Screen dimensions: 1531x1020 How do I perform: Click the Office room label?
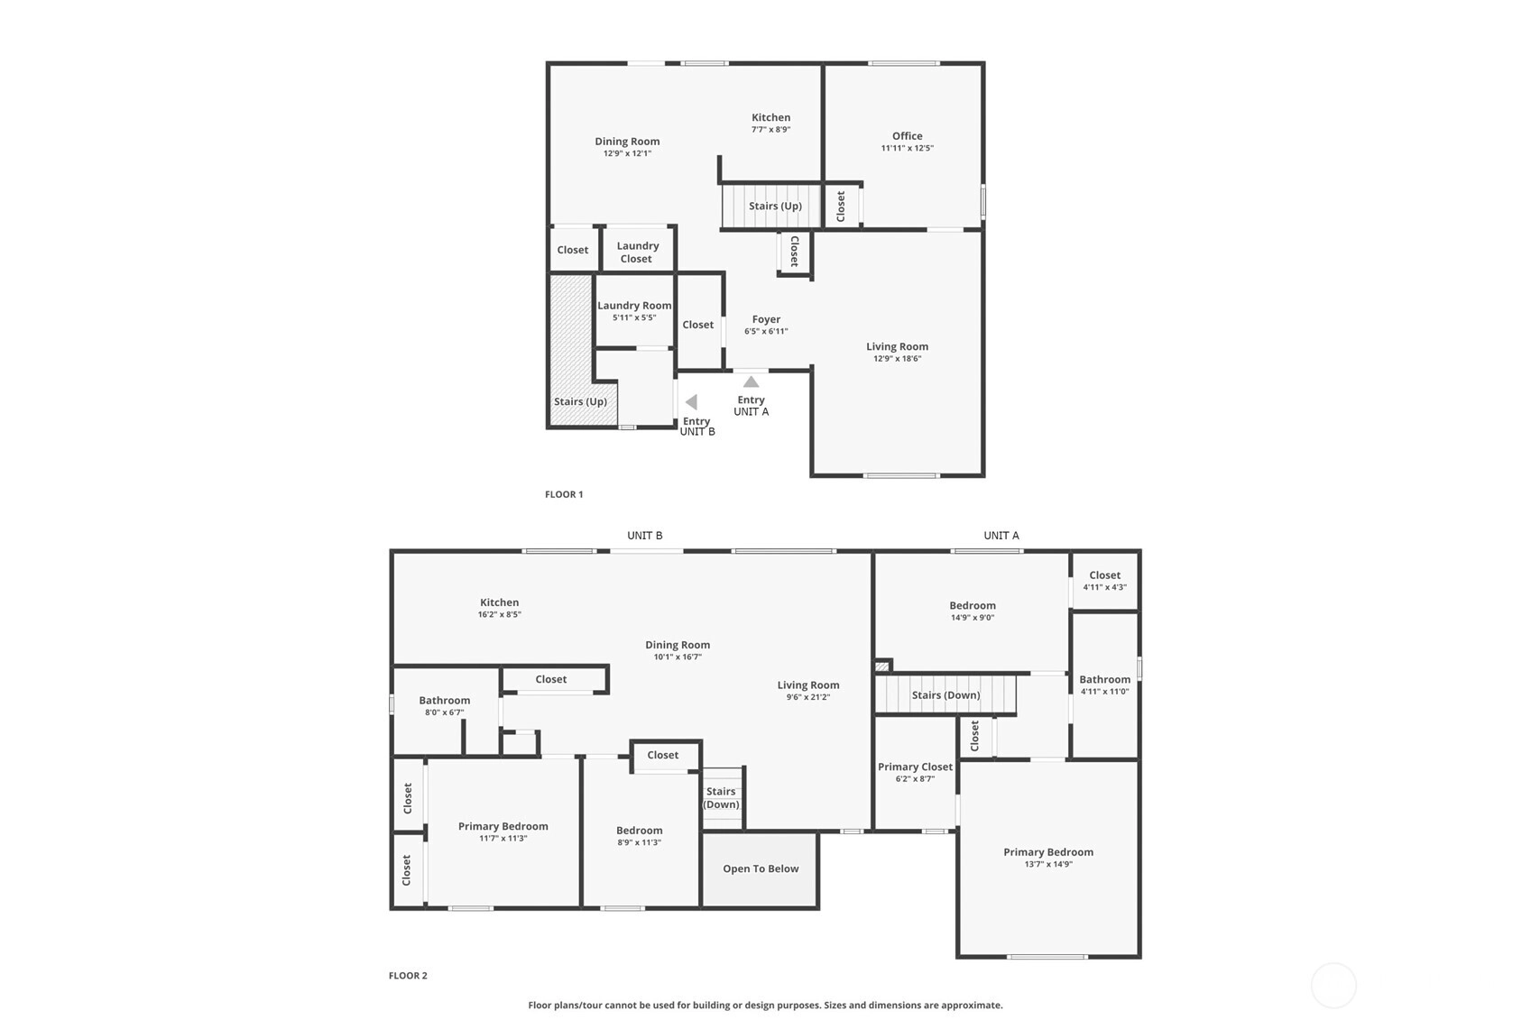907,136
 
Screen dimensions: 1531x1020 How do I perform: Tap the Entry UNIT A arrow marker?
752,381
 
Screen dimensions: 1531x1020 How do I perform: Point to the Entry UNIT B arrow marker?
691,401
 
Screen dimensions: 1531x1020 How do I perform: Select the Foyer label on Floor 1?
766,319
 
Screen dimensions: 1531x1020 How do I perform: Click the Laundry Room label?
634,306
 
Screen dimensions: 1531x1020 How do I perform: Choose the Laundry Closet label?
637,253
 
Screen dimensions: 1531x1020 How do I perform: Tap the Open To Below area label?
761,868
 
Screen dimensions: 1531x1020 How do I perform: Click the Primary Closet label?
915,767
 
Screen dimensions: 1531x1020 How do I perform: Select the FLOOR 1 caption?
564,494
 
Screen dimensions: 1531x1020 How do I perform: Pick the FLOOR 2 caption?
408,976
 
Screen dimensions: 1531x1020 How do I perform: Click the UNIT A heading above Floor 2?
1001,536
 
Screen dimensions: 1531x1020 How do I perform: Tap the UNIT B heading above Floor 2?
644,536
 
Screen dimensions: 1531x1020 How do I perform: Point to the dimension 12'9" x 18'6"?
898,359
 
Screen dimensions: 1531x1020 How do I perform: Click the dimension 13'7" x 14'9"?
1048,864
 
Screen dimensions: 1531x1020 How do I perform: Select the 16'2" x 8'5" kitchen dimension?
500,614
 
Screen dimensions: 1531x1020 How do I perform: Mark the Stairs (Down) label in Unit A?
946,694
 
